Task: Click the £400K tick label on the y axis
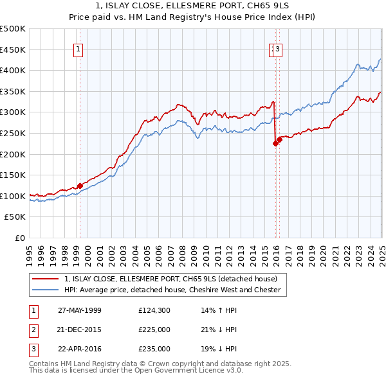click(13, 71)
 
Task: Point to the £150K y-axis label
click(13, 175)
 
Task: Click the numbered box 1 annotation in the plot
click(78, 48)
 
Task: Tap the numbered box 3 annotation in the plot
click(277, 48)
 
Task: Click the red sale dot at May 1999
click(80, 186)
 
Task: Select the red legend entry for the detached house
click(170, 279)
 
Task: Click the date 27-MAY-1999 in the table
click(80, 310)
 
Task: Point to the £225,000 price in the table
click(154, 330)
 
